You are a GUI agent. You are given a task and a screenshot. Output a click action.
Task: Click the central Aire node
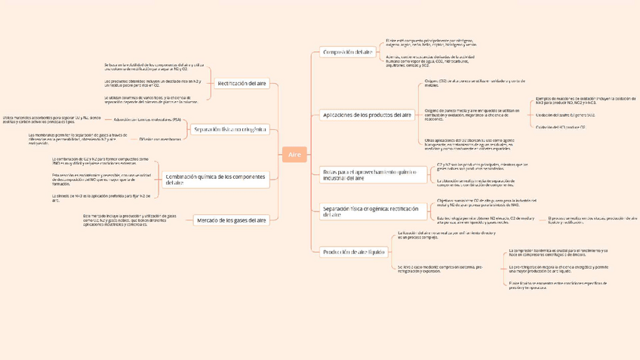click(x=294, y=154)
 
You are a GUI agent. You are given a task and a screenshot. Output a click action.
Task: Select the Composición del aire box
click(x=348, y=52)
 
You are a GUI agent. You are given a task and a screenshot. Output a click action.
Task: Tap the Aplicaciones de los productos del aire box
click(x=368, y=115)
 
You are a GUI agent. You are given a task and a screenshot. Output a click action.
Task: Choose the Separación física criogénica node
click(x=370, y=211)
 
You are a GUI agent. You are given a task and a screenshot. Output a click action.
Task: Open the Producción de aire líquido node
click(x=354, y=252)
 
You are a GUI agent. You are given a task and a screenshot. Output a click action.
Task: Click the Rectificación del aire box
click(x=242, y=84)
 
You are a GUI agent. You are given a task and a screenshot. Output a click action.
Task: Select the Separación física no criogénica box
click(x=230, y=130)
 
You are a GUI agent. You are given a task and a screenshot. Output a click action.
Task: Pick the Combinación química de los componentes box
click(x=216, y=179)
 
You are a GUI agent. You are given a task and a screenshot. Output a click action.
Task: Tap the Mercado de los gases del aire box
click(x=232, y=220)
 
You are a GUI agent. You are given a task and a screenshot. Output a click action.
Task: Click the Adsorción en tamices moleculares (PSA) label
click(x=147, y=120)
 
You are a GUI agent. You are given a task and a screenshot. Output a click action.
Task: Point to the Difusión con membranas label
click(x=160, y=139)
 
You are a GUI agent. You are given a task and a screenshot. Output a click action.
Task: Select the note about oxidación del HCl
click(x=561, y=128)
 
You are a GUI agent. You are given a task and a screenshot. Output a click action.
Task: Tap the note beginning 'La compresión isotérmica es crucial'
click(x=558, y=252)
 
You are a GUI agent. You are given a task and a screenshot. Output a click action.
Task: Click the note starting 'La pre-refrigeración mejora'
click(x=558, y=269)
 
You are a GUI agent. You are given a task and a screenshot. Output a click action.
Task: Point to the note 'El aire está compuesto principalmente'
click(x=431, y=43)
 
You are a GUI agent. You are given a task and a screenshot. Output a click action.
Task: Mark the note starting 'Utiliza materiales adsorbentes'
click(x=51, y=119)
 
